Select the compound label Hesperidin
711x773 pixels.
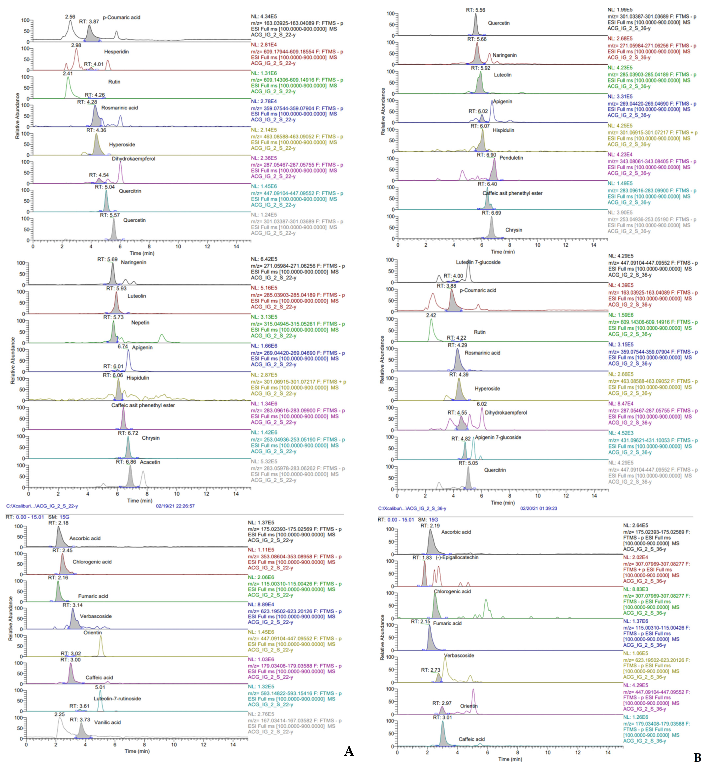tap(116, 52)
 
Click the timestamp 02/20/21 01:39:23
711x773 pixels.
tap(539, 508)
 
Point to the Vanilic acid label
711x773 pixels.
tap(107, 722)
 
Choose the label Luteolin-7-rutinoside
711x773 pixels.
tap(117, 698)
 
